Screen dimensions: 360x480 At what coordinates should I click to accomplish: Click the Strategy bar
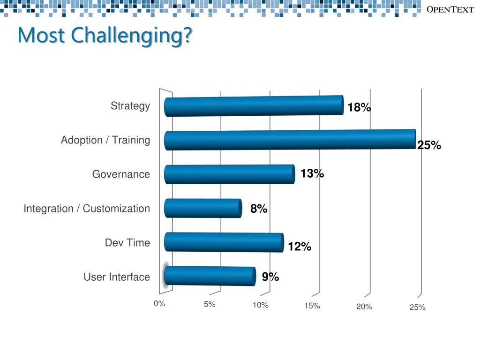coord(254,106)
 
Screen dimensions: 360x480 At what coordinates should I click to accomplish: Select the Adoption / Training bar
coord(290,140)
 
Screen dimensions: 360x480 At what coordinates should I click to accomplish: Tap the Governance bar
coord(229,174)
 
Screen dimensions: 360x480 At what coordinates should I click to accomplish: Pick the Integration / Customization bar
coord(202,208)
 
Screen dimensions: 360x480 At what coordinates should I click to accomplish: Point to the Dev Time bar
coord(224,242)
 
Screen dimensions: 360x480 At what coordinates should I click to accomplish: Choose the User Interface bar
coord(210,276)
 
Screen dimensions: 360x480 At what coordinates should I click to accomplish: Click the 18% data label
coord(359,108)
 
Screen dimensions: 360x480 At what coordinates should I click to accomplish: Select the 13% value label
coord(312,174)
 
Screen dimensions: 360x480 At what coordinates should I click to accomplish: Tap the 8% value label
coord(259,209)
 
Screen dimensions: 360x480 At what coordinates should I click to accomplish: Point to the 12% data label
coord(300,247)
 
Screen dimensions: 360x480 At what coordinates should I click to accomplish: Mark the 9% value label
coord(270,277)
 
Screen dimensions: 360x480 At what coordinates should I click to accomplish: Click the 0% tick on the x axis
coord(159,303)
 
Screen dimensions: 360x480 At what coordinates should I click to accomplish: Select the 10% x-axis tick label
coord(260,305)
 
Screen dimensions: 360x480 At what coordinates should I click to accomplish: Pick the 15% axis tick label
coord(312,306)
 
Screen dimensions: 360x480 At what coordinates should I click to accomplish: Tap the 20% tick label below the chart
coord(364,307)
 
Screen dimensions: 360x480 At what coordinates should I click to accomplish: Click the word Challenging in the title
coord(131,36)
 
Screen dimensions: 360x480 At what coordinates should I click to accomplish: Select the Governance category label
coord(121,174)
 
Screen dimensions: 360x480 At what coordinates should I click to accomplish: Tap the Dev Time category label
coord(127,243)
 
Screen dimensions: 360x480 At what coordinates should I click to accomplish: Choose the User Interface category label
coord(117,277)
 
